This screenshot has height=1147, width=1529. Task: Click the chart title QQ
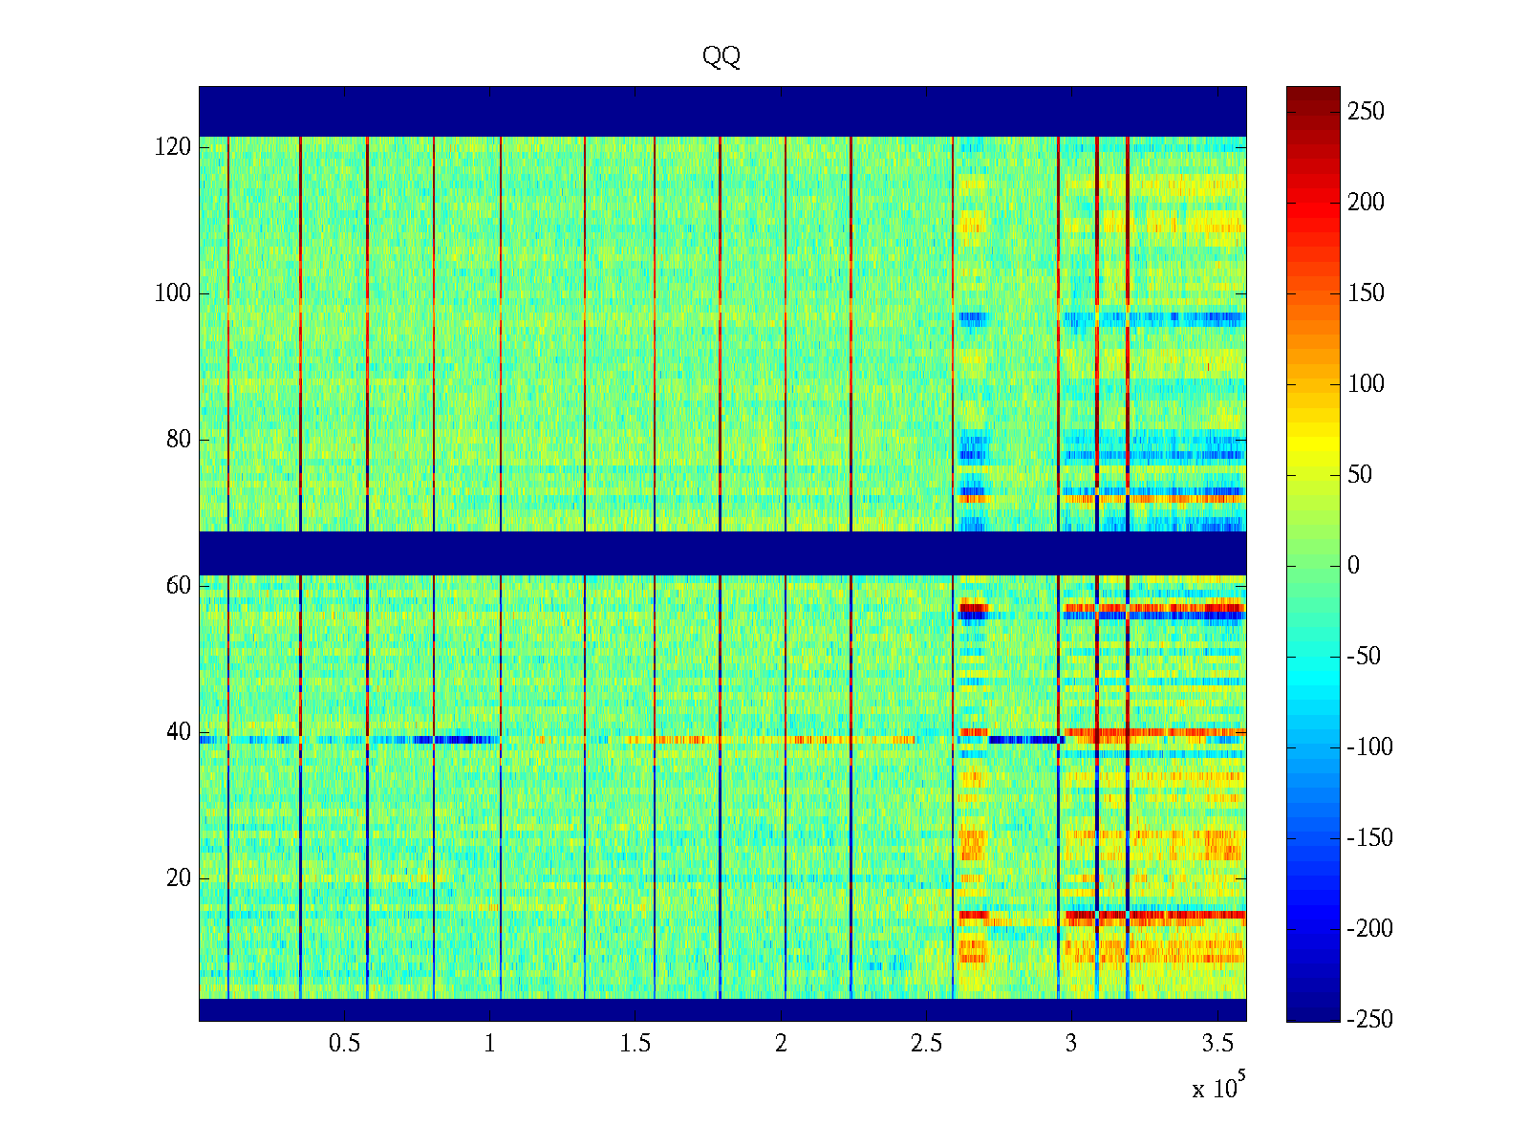point(721,57)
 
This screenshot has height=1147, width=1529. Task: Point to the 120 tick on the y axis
point(173,147)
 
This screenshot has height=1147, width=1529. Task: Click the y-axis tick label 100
point(173,293)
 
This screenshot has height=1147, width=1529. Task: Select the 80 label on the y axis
point(179,440)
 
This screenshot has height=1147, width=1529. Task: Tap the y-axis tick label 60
point(179,586)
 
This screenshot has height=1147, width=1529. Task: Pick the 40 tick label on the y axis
point(179,732)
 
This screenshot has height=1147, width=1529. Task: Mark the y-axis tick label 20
point(179,878)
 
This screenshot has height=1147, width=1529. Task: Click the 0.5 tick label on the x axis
point(344,1044)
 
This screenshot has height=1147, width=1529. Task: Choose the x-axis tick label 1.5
point(635,1044)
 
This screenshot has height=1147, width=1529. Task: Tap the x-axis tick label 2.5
point(926,1044)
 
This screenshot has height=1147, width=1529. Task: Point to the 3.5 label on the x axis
point(1217,1044)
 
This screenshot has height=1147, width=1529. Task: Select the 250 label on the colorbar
point(1366,112)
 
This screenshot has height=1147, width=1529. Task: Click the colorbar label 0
point(1353,566)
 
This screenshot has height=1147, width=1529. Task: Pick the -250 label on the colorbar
point(1370,1020)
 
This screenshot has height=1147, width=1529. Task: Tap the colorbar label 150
point(1366,293)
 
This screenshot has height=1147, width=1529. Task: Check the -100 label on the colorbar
point(1370,747)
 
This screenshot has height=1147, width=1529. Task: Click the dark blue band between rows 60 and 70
point(721,552)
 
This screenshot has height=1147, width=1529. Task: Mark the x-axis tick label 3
point(1071,1044)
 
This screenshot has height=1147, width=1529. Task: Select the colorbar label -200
point(1370,929)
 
